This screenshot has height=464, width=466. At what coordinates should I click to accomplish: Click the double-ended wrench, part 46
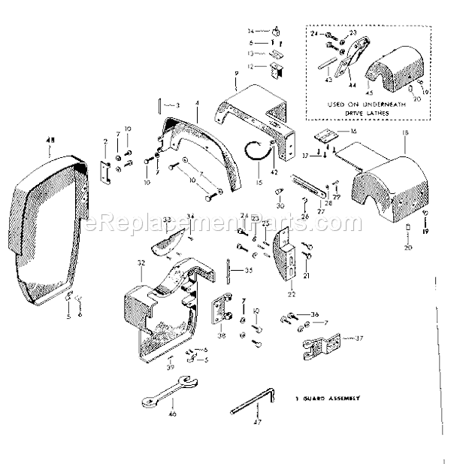[x=169, y=396]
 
